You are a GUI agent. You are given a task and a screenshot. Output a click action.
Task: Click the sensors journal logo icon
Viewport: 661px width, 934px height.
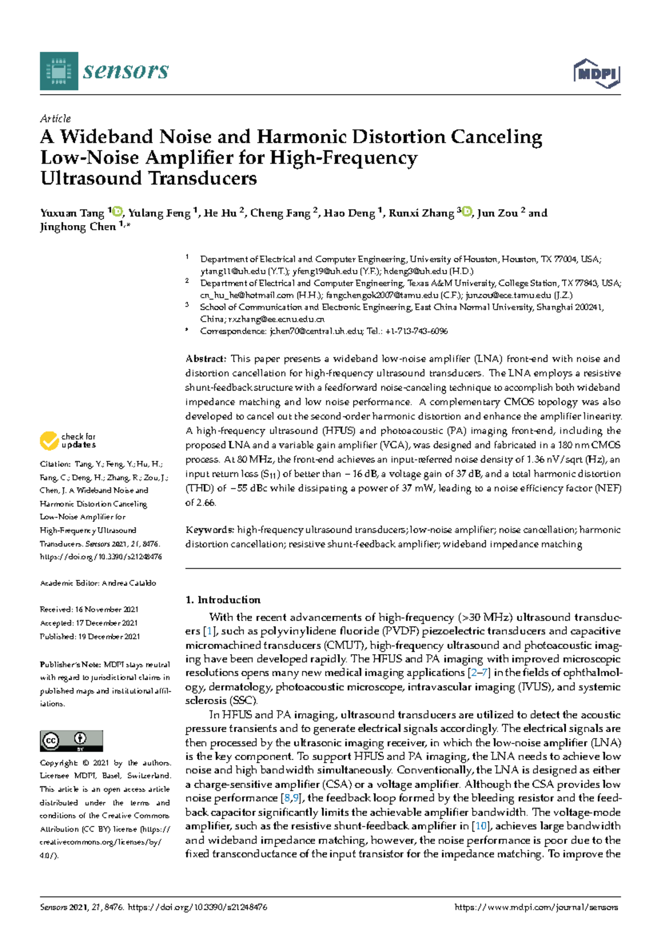coord(59,71)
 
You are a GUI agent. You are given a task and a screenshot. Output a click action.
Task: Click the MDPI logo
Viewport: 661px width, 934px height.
coord(597,73)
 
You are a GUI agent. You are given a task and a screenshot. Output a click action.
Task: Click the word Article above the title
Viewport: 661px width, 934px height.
coord(55,118)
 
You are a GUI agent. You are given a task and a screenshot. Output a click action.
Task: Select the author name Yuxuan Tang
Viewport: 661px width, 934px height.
coord(72,213)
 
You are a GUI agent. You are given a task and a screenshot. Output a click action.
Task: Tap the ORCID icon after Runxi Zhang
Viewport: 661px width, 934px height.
coord(467,211)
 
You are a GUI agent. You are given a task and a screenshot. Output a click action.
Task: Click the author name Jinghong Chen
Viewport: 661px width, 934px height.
coord(78,227)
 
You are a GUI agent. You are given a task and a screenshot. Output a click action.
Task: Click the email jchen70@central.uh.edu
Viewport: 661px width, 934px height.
coord(316,331)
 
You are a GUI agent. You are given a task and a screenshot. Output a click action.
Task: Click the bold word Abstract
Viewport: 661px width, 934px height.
coord(205,359)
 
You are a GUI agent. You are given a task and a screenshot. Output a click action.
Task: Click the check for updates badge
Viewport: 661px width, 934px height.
coord(68,441)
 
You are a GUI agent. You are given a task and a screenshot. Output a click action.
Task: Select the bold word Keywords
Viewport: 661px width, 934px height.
coord(210,530)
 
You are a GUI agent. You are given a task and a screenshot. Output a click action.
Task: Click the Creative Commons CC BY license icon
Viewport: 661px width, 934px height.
coord(71,741)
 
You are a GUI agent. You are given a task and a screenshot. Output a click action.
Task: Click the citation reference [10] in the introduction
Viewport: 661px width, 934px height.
coord(481,826)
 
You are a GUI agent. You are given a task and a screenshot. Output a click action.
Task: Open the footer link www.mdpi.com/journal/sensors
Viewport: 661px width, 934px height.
coord(536,907)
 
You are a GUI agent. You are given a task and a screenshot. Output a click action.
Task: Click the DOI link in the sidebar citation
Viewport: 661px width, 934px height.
coord(101,557)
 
